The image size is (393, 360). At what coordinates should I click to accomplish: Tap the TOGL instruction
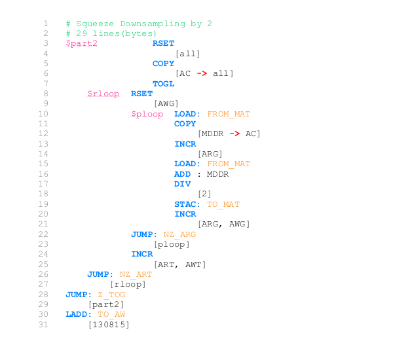click(163, 84)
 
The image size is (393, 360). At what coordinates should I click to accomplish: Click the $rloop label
click(103, 94)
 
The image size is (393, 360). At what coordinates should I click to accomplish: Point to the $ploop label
click(147, 114)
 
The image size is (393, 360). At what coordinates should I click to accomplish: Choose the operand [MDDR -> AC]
click(229, 134)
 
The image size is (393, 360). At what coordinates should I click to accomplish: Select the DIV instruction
click(182, 184)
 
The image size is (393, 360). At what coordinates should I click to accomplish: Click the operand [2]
click(204, 194)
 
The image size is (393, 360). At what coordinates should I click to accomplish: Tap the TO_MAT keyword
click(223, 204)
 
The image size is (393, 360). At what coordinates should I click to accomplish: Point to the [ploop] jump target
click(172, 244)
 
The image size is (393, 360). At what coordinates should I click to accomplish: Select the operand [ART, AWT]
click(179, 264)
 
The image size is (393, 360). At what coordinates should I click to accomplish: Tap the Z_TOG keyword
click(111, 295)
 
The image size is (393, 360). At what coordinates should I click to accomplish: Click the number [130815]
click(109, 325)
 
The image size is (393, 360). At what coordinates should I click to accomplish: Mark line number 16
click(43, 174)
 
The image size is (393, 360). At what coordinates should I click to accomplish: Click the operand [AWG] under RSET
click(166, 103)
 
